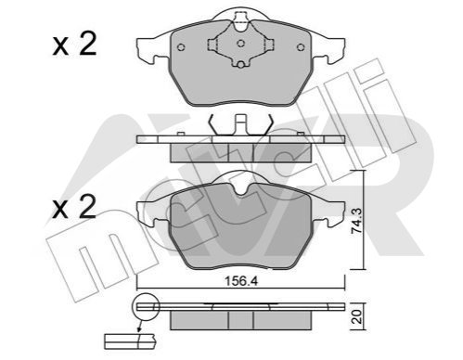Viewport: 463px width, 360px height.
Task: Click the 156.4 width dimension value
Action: click(240, 281)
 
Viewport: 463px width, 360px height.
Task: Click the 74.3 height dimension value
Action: click(356, 221)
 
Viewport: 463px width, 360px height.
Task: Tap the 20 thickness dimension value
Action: click(357, 317)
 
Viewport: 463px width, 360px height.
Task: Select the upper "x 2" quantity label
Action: click(74, 45)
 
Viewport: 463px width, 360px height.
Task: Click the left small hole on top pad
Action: click(182, 47)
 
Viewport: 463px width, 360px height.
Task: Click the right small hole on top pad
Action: click(301, 47)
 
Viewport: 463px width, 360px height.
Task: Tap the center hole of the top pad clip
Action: click(241, 44)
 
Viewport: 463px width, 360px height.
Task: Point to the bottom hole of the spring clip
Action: click(241, 64)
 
